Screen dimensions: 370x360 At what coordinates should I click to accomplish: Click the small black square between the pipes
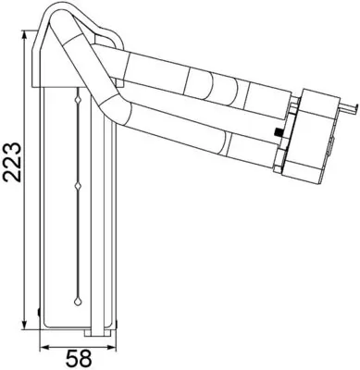pos(277,137)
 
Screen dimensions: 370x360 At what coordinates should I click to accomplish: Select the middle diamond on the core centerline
pos(78,189)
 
